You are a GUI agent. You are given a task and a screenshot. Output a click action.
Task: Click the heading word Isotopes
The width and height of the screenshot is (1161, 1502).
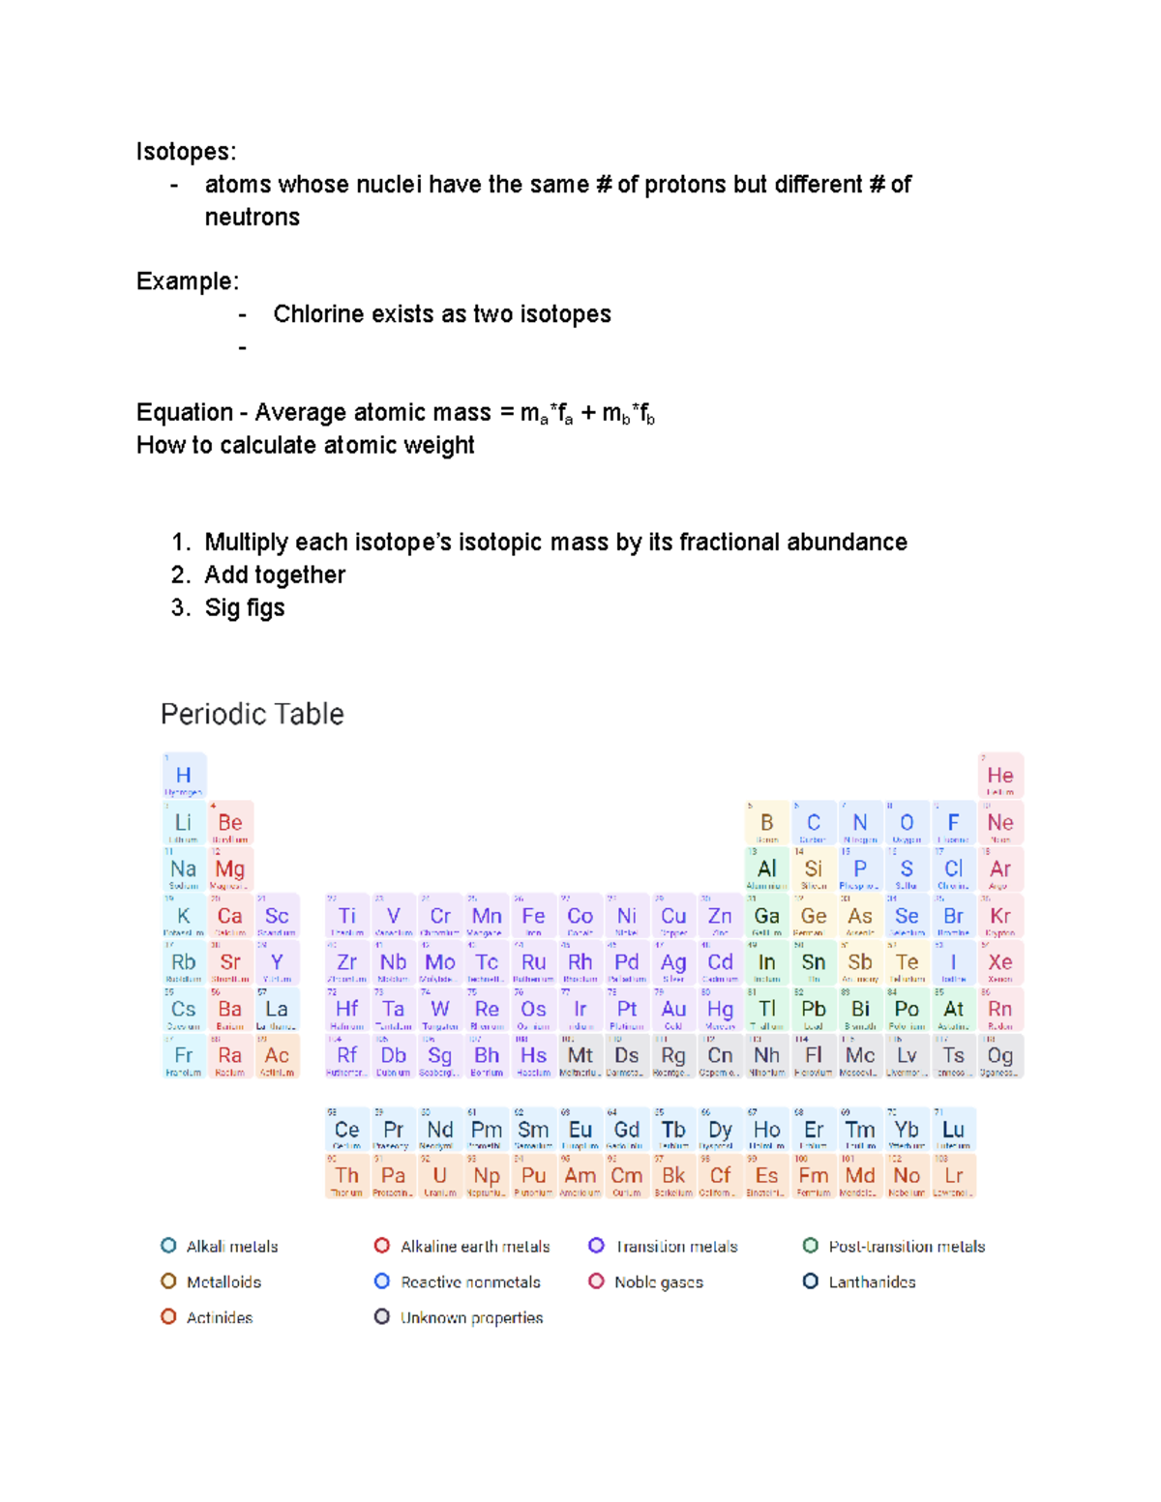click(x=185, y=152)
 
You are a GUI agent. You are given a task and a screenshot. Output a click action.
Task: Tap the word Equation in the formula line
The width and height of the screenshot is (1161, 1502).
click(x=184, y=413)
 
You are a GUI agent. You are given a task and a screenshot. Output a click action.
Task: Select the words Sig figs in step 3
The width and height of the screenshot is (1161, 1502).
click(x=244, y=607)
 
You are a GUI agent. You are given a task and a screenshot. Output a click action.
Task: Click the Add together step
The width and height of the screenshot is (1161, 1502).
click(x=274, y=574)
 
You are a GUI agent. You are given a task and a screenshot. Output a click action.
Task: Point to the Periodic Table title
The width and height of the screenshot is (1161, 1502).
click(x=252, y=714)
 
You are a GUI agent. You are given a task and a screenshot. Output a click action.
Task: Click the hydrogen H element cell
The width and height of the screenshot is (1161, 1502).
click(x=184, y=776)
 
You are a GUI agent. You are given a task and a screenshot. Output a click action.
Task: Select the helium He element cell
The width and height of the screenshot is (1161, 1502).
click(x=999, y=776)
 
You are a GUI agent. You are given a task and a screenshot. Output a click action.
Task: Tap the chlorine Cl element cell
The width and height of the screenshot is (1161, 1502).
click(x=953, y=869)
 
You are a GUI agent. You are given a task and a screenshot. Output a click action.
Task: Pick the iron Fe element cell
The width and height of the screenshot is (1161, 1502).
click(x=533, y=916)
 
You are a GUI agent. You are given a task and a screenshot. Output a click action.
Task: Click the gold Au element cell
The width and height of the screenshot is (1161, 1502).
click(x=673, y=1009)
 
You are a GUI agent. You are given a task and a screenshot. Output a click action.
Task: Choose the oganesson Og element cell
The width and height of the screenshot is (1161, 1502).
click(x=999, y=1056)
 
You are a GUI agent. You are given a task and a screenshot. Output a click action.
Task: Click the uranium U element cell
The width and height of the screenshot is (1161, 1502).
click(x=440, y=1176)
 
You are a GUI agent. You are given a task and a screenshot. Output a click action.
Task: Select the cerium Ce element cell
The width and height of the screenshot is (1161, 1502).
click(x=346, y=1130)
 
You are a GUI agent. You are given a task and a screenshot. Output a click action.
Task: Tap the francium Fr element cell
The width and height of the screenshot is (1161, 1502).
click(x=184, y=1056)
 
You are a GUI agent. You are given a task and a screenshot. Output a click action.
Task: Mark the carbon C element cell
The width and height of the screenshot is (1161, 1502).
click(x=813, y=823)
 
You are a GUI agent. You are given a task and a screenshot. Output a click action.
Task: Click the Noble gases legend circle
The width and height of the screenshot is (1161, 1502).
click(x=597, y=1281)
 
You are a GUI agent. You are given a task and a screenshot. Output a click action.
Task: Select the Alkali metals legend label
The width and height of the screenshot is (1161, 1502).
click(x=232, y=1247)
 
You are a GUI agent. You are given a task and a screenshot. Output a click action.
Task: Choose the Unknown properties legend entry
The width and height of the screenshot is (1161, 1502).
click(x=471, y=1317)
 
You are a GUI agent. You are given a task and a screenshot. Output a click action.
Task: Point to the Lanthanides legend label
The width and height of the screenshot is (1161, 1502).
click(x=872, y=1281)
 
